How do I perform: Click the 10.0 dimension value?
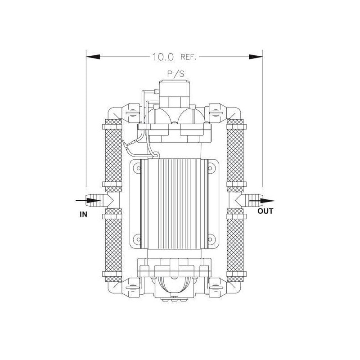pyautogui.click(x=163, y=57)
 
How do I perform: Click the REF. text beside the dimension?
pyautogui.click(x=189, y=57)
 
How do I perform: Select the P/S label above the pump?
pyautogui.click(x=175, y=74)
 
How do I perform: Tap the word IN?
pyautogui.click(x=83, y=215)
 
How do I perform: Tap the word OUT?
pyautogui.click(x=265, y=211)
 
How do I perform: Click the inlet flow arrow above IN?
pyautogui.click(x=88, y=201)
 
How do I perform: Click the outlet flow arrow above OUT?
pyautogui.click(x=262, y=201)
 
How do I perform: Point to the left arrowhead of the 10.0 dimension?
pyautogui.click(x=93, y=57)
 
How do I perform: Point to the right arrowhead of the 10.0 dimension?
pyautogui.click(x=256, y=57)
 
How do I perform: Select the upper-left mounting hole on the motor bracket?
pyautogui.click(x=138, y=168)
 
